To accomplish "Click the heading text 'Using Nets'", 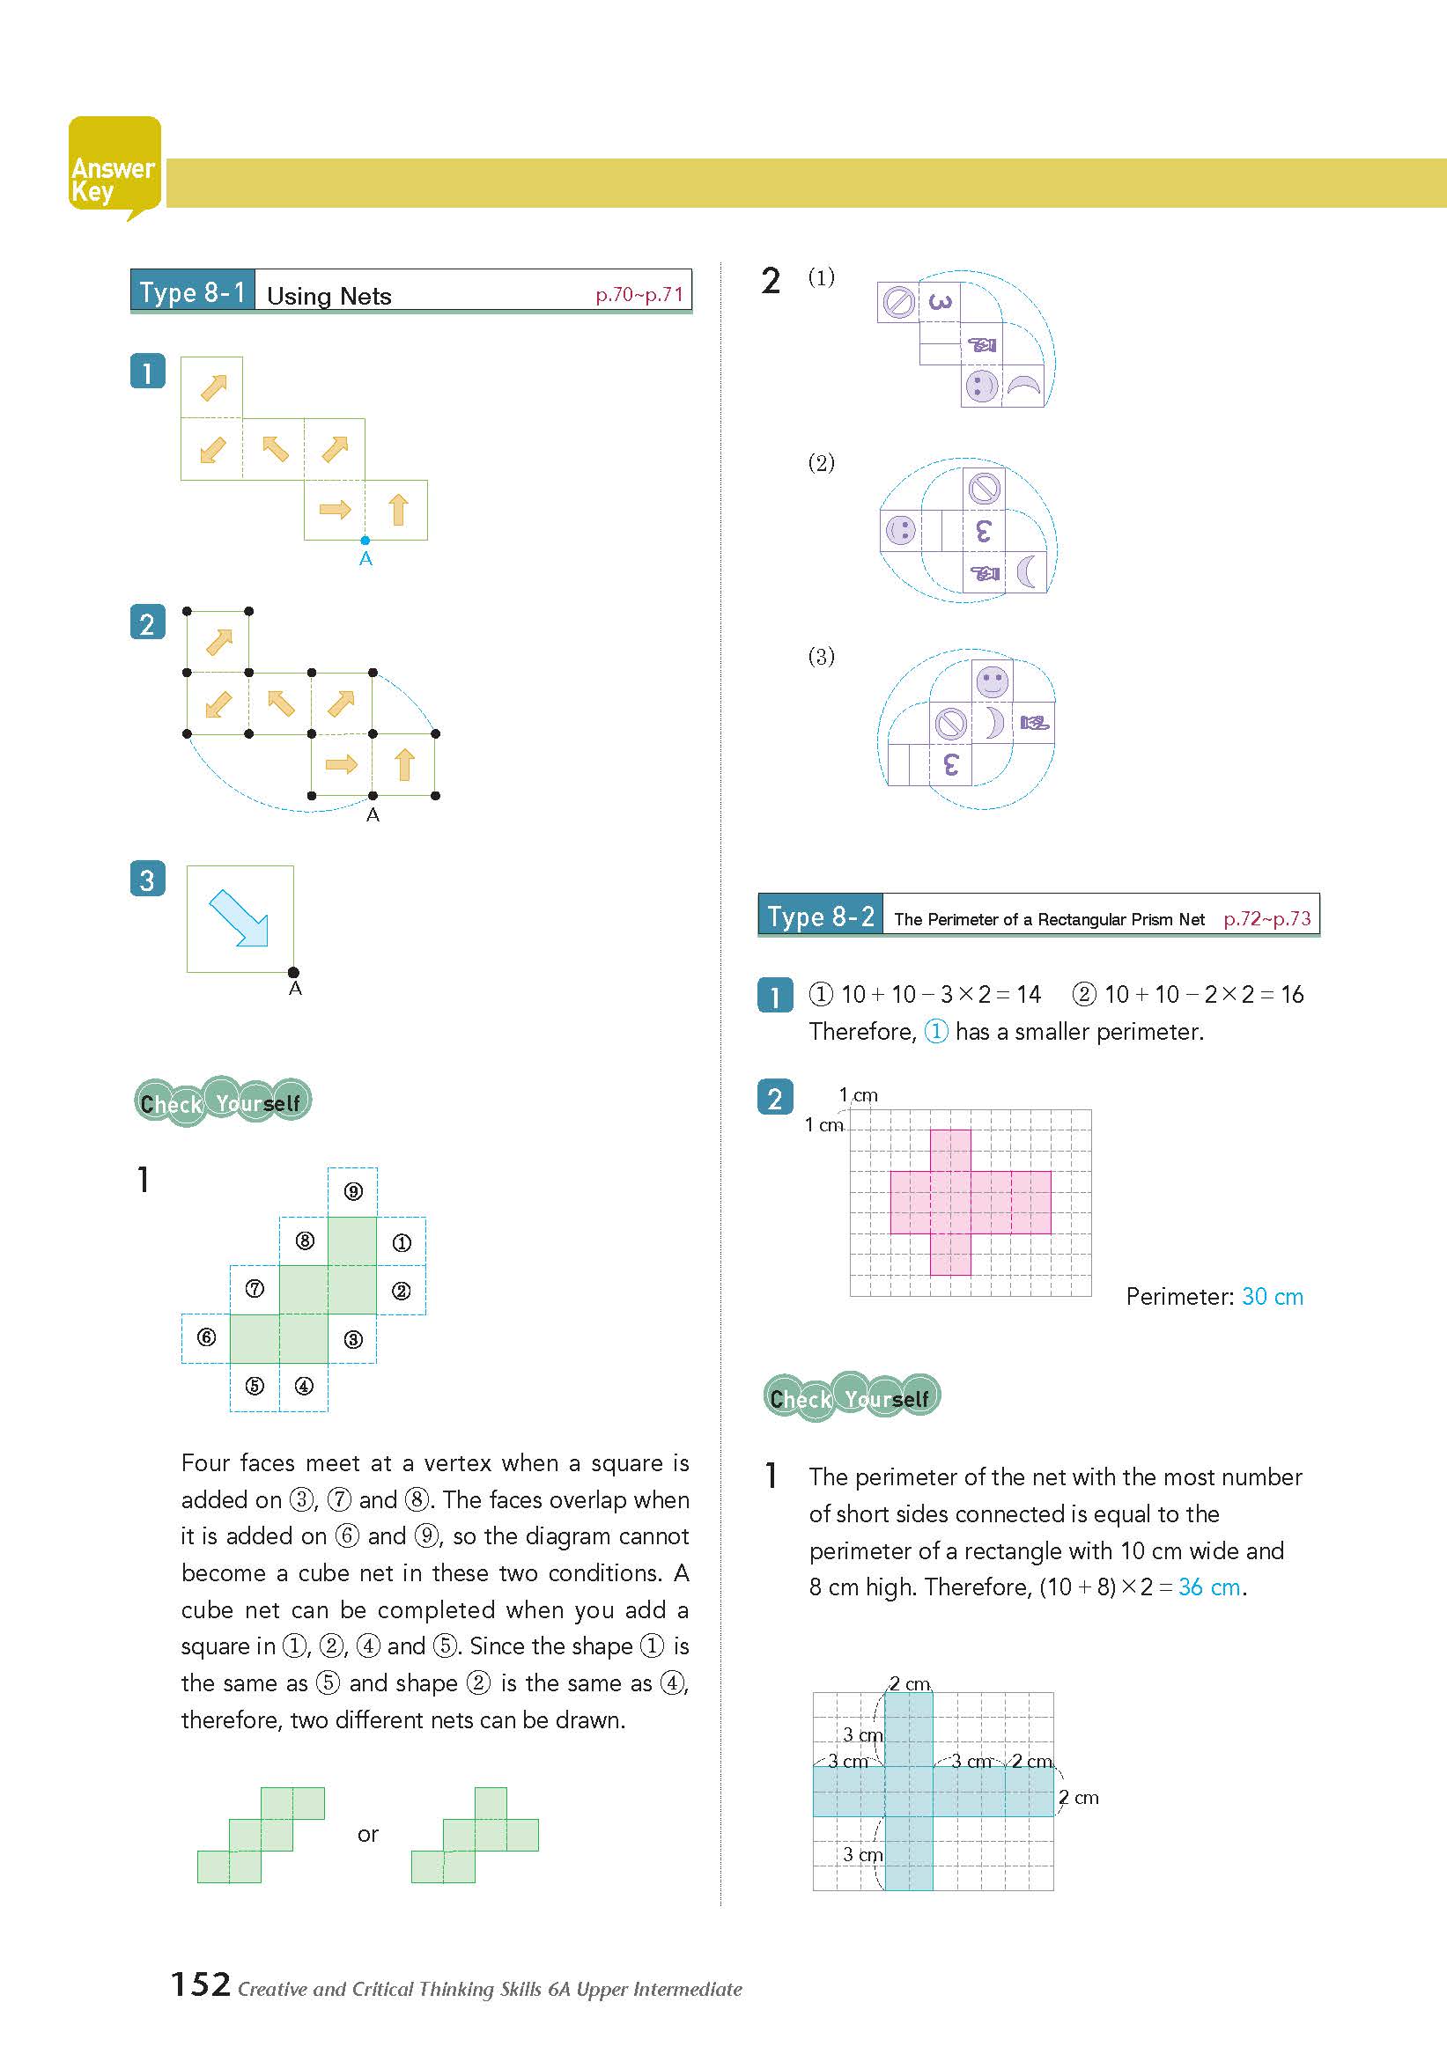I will (329, 296).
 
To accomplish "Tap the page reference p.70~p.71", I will (639, 295).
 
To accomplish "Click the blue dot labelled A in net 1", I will (365, 541).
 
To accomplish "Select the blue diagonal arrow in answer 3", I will (238, 918).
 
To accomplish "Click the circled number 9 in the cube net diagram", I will (353, 1191).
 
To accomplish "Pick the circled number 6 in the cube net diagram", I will (207, 1336).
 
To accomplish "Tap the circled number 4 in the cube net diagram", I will (304, 1386).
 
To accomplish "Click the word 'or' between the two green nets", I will (368, 1835).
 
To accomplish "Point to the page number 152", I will (201, 1984).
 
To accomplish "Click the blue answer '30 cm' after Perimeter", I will (1272, 1296).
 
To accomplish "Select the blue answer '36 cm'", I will (1209, 1587).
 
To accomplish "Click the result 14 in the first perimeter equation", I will (1028, 994).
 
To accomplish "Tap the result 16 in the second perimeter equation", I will (1291, 994).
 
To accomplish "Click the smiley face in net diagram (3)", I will (992, 681).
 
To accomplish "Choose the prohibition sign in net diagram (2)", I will (984, 489).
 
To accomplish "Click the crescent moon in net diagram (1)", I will (1023, 387).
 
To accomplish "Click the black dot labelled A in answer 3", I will (293, 973).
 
